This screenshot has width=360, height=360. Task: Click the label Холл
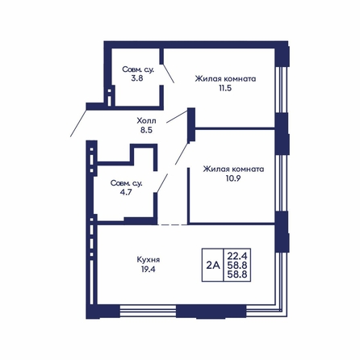[x=146, y=120]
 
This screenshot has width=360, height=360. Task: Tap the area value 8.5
[x=146, y=130]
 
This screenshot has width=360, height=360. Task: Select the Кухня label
[x=149, y=260]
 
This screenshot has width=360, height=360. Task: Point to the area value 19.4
[x=149, y=269]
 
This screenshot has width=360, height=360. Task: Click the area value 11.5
[x=225, y=88]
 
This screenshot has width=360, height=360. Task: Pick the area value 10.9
[x=233, y=178]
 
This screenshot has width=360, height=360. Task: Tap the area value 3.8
[x=137, y=78]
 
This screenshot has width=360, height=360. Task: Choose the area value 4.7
[x=126, y=192]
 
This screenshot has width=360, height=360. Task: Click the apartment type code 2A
[x=213, y=266]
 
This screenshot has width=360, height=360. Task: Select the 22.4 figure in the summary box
[x=237, y=255]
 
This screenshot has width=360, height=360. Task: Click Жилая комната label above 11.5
[x=225, y=79]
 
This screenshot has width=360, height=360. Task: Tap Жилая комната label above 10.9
[x=233, y=169]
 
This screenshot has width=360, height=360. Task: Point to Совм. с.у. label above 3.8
[x=138, y=69]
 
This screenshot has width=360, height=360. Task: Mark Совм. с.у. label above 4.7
[x=126, y=183]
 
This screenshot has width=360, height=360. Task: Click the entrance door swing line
[x=78, y=123]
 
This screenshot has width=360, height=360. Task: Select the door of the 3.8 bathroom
[x=169, y=73]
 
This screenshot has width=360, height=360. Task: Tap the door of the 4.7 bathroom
[x=162, y=183]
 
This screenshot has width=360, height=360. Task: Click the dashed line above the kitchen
[x=173, y=224]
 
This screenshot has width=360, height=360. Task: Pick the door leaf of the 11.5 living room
[x=177, y=116]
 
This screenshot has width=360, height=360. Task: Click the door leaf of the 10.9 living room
[x=182, y=153]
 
